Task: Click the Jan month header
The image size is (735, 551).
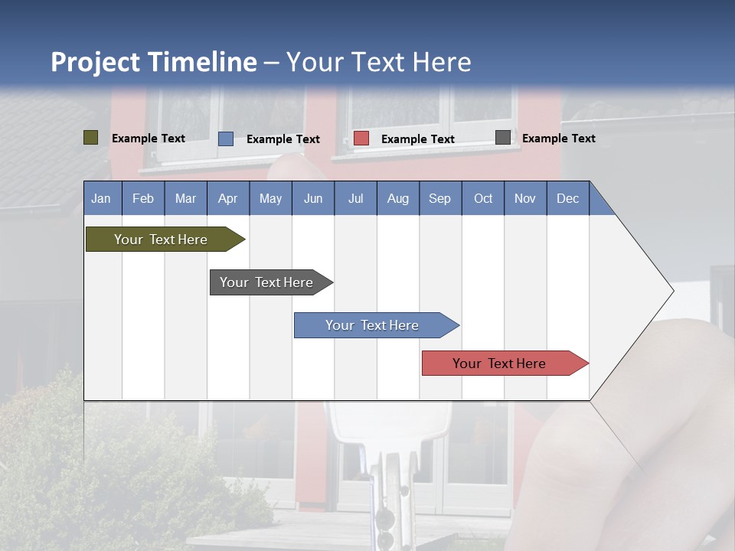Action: (x=101, y=198)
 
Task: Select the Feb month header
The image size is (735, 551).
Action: (x=143, y=198)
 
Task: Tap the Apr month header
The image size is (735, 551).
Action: (x=227, y=198)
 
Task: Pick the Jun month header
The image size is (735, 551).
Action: (x=313, y=198)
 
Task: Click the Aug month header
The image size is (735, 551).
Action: (x=398, y=198)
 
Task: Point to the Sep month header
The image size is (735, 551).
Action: (x=439, y=198)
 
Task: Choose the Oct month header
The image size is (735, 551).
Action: (x=483, y=198)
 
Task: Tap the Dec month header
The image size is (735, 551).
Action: (x=568, y=198)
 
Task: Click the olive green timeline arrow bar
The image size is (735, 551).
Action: (x=161, y=240)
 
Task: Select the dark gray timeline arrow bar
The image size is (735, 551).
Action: (x=266, y=282)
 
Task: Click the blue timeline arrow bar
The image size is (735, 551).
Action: (x=372, y=325)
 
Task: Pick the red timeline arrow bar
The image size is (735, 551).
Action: (x=499, y=364)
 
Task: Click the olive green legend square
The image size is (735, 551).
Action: (x=91, y=138)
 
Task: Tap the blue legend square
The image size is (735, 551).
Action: (x=226, y=139)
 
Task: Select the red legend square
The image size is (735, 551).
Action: (x=361, y=139)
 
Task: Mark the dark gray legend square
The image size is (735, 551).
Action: (x=503, y=138)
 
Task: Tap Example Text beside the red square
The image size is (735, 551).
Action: (x=418, y=139)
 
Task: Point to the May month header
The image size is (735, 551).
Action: (x=270, y=198)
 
